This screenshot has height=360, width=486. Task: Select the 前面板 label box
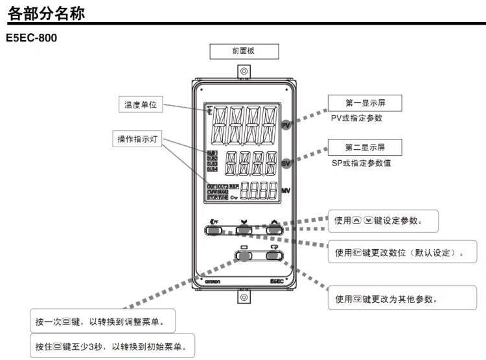244,52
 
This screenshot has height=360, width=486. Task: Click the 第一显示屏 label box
364,104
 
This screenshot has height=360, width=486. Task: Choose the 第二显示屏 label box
364,147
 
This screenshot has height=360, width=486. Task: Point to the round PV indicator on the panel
286,126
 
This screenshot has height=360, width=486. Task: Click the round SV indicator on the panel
286,164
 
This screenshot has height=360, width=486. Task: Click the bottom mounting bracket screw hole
244,298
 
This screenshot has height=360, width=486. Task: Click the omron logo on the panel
214,281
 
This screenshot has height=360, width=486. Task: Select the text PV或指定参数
356,119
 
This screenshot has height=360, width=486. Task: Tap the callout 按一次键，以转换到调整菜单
104,322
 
